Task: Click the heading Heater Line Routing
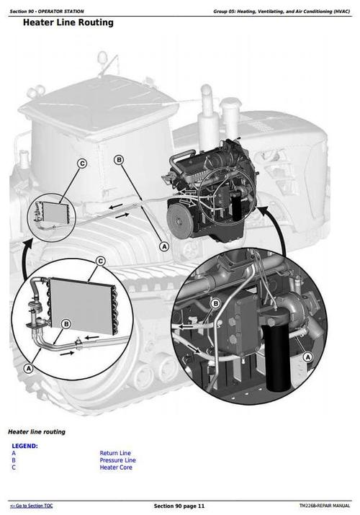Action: coord(68,22)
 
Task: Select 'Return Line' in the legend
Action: coord(115,453)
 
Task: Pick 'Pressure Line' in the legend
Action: coord(117,460)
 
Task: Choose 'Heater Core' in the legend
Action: coord(115,467)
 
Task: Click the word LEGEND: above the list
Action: coord(24,446)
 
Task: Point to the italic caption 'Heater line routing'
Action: coord(36,431)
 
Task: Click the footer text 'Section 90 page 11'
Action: coord(179,506)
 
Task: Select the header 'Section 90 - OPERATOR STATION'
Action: coord(46,12)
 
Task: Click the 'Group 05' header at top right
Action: coord(282,12)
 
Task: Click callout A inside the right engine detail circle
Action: coord(308,357)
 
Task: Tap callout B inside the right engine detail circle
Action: coord(215,304)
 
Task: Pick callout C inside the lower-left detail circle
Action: coord(101,261)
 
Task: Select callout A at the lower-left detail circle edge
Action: coord(29,367)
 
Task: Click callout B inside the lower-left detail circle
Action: coord(66,324)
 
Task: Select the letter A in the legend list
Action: coord(14,453)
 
